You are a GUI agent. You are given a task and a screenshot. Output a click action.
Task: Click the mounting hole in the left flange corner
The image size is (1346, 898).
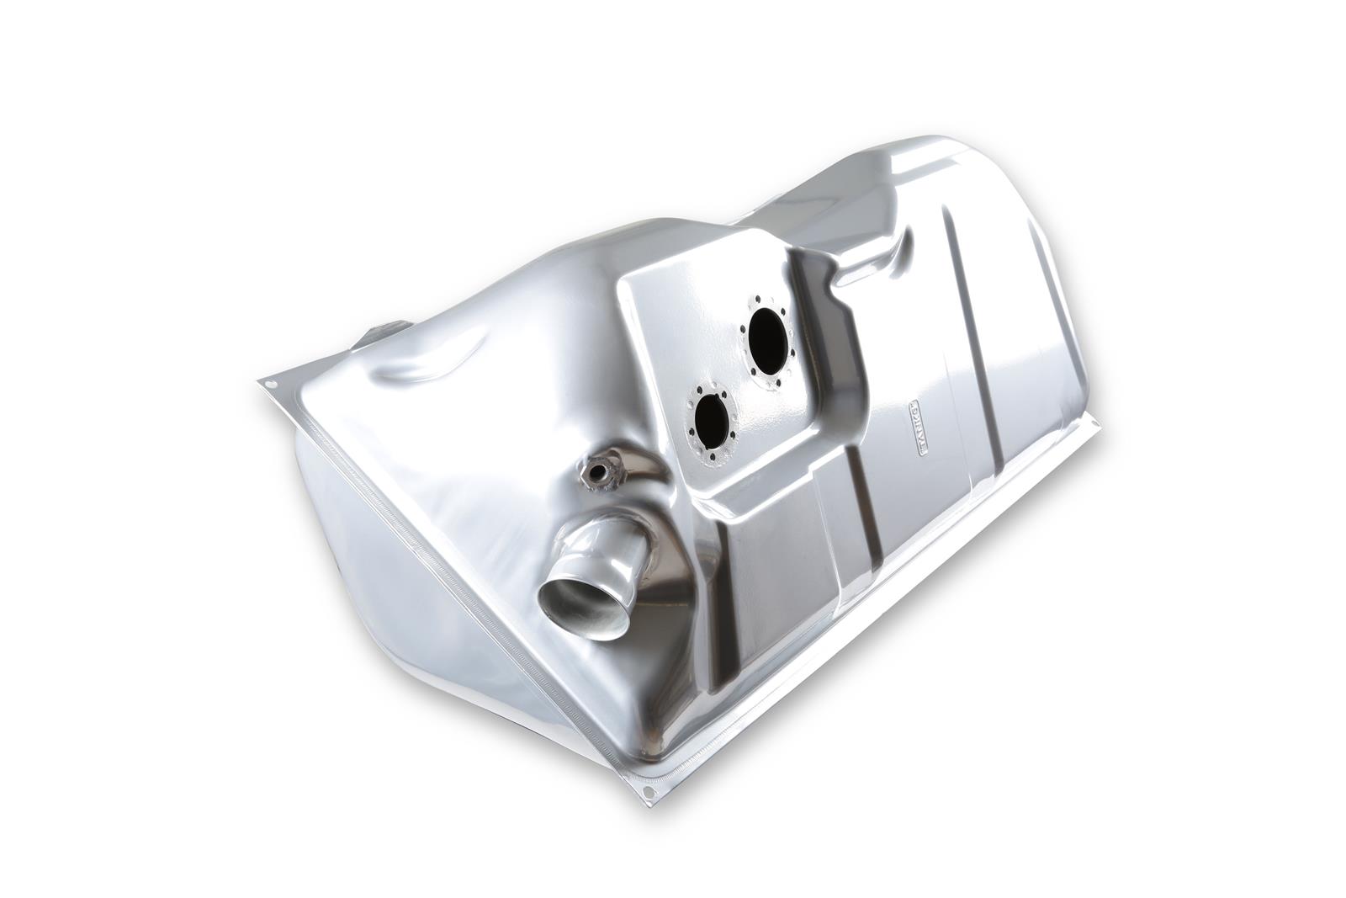[271, 385]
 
